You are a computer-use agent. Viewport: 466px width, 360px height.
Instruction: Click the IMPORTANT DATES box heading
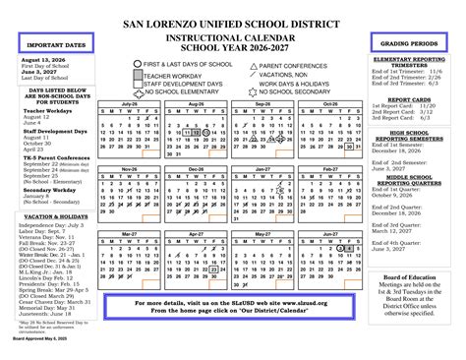point(48,44)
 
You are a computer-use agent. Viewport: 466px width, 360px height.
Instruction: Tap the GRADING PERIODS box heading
point(412,44)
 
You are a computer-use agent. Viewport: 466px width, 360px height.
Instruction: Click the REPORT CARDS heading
point(413,99)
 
